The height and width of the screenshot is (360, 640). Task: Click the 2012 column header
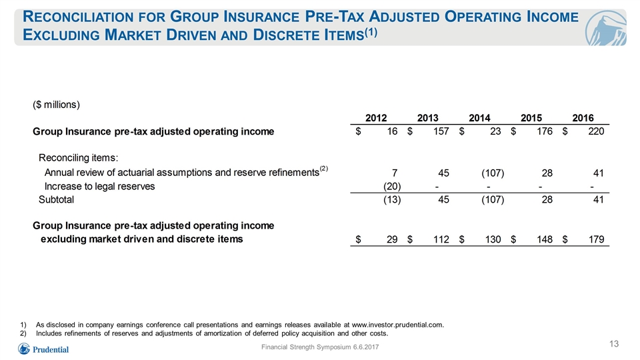[376, 118]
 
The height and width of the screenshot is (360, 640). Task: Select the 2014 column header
[479, 118]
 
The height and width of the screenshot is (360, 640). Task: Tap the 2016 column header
[583, 118]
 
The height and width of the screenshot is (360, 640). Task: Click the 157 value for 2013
[441, 131]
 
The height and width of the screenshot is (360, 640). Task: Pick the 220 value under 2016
[596, 131]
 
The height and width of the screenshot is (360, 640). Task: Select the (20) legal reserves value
[392, 186]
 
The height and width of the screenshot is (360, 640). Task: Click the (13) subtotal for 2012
[392, 199]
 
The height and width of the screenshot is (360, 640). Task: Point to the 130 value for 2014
[493, 239]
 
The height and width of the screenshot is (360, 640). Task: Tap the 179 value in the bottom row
[596, 239]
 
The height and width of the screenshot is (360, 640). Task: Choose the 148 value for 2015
[545, 239]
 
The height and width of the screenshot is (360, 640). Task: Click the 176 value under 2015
[545, 131]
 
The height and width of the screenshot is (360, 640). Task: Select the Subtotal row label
[56, 199]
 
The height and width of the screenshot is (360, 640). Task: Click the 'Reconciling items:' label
[79, 157]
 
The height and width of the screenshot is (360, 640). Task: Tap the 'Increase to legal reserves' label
[99, 187]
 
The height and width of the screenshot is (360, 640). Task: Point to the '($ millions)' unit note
[56, 105]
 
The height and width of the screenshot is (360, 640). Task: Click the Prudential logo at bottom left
[43, 349]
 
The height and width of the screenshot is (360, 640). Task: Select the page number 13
[614, 344]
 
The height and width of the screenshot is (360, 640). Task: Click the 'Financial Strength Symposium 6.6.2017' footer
[320, 347]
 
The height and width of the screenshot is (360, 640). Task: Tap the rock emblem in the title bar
[605, 28]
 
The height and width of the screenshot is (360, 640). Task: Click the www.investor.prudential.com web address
[397, 325]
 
